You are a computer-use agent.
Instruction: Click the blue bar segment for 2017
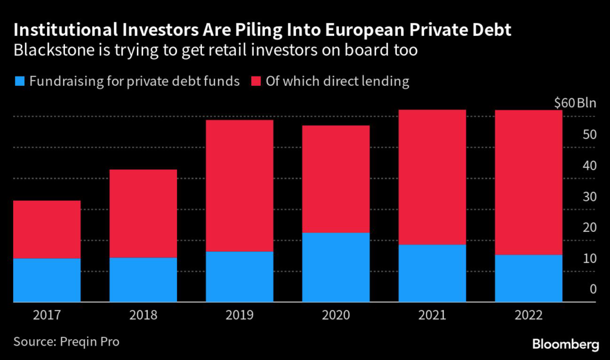click(46, 280)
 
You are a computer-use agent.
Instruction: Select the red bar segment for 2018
click(143, 213)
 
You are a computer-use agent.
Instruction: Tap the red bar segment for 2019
click(239, 185)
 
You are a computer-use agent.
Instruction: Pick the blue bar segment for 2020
click(336, 267)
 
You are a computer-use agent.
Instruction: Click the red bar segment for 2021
click(432, 177)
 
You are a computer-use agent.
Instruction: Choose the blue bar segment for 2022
click(529, 278)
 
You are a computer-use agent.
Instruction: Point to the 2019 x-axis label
click(239, 315)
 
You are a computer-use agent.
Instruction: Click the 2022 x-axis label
click(529, 315)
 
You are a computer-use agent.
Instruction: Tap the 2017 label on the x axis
click(46, 315)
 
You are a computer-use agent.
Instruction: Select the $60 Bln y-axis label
click(574, 103)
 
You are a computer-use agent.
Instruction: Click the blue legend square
click(20, 81)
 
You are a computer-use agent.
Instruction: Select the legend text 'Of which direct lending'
click(338, 81)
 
